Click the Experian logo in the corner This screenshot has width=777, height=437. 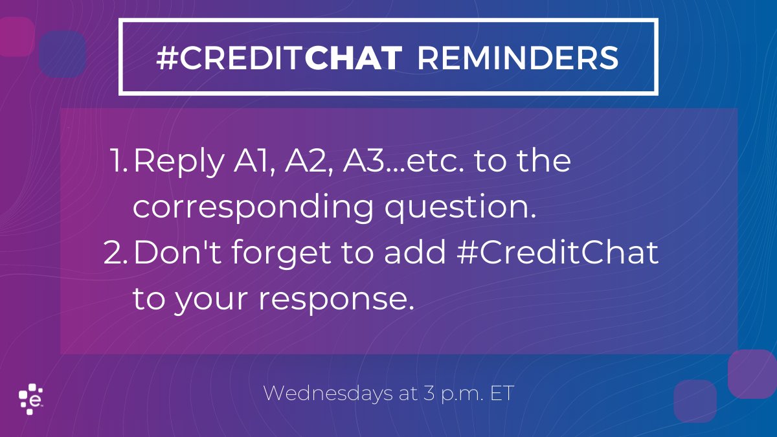coord(30,399)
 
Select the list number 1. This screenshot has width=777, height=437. coord(118,162)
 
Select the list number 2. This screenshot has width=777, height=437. coord(117,254)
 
